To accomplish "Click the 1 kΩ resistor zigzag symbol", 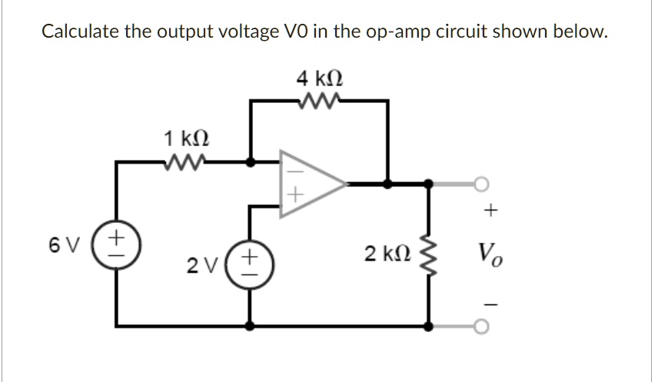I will (x=185, y=161).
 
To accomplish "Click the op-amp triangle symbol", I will (x=307, y=184).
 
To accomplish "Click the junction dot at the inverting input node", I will (x=250, y=162).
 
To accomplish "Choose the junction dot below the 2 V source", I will (x=250, y=325).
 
